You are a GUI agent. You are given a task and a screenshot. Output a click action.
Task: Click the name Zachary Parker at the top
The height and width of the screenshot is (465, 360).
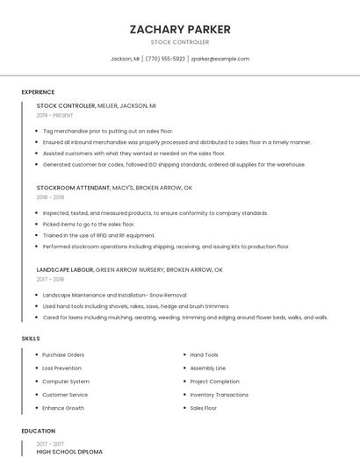[180, 29]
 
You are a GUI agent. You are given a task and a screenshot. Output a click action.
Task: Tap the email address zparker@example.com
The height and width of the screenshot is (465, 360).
[220, 59]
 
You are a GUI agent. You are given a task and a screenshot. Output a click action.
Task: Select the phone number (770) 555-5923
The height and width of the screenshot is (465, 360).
[165, 59]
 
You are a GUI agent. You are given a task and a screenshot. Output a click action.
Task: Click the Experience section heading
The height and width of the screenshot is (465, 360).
[38, 92]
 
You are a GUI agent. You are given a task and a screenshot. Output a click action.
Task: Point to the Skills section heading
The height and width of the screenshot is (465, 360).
[31, 338]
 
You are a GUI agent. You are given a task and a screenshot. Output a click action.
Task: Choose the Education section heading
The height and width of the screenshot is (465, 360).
[39, 432]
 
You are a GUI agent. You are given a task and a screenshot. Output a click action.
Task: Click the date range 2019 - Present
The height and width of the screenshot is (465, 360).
[55, 115]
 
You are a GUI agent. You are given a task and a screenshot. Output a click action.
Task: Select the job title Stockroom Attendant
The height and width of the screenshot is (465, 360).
[74, 188]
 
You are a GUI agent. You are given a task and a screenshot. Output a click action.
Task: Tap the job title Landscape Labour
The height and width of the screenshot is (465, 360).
[65, 270]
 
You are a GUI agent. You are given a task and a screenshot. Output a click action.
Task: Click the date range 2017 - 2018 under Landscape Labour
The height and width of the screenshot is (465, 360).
[51, 280]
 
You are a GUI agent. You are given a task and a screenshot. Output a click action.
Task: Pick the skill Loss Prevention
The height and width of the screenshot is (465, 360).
[61, 368]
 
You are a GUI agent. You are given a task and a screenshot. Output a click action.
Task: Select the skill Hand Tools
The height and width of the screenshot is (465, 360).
[205, 355]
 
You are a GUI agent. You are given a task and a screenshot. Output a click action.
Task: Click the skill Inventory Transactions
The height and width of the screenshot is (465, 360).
[219, 395]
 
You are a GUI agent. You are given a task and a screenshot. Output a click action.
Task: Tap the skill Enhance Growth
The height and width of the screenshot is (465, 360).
[63, 408]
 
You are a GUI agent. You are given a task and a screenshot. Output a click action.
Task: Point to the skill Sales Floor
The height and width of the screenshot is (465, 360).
[204, 408]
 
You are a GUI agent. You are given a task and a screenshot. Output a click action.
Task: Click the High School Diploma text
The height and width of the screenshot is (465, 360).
[69, 452]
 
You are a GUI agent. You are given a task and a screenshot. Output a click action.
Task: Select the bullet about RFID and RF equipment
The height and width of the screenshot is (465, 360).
[98, 235]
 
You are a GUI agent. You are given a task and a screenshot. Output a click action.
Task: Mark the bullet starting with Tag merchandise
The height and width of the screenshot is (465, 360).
[108, 131]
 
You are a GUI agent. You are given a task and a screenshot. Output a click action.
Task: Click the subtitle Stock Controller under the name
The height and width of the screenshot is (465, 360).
[180, 42]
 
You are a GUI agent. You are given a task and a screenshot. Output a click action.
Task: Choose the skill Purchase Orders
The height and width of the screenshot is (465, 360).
[63, 355]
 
